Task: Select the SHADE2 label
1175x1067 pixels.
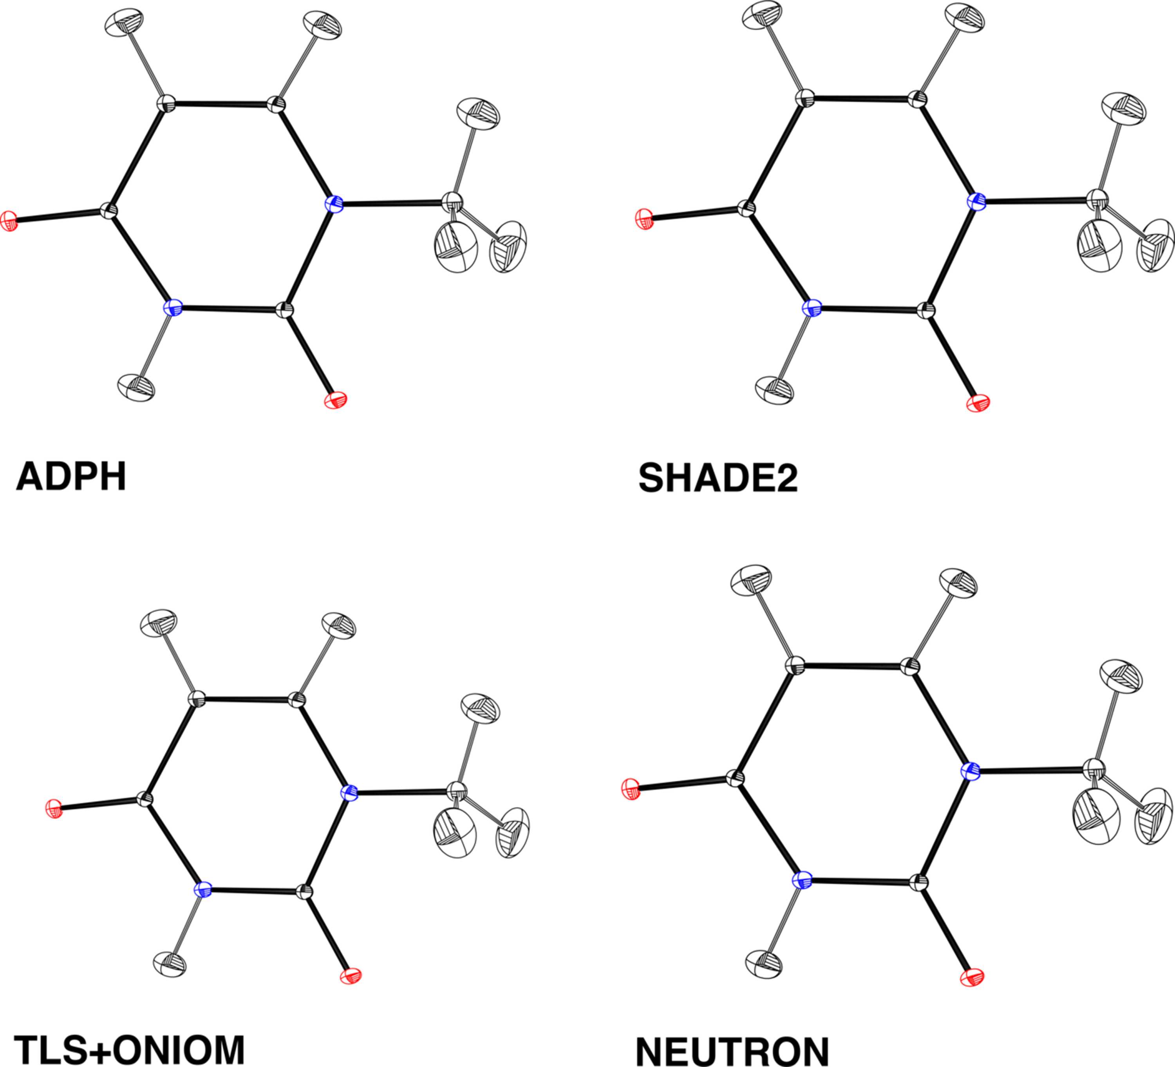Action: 718,478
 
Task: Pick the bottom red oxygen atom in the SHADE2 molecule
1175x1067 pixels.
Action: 978,403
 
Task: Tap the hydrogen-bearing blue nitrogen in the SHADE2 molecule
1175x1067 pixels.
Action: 811,308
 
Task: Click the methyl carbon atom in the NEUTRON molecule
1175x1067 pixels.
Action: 1095,769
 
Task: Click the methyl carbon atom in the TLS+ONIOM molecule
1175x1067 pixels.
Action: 457,791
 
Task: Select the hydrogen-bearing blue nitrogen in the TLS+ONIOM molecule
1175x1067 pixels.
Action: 203,889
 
